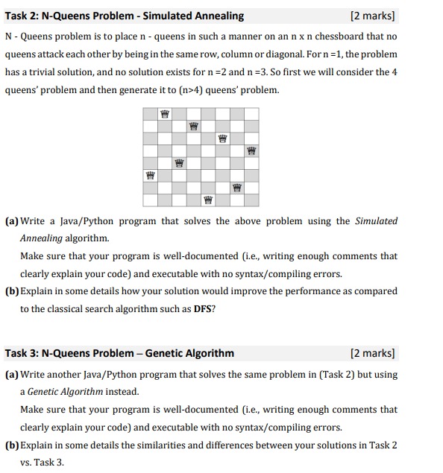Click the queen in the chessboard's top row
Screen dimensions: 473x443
tap(165, 114)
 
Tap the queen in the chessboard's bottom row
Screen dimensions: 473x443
tap(208, 199)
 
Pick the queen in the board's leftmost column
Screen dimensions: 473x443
tap(151, 176)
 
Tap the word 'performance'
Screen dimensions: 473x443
tap(301, 291)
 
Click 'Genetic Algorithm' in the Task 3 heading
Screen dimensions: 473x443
tap(189, 353)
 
